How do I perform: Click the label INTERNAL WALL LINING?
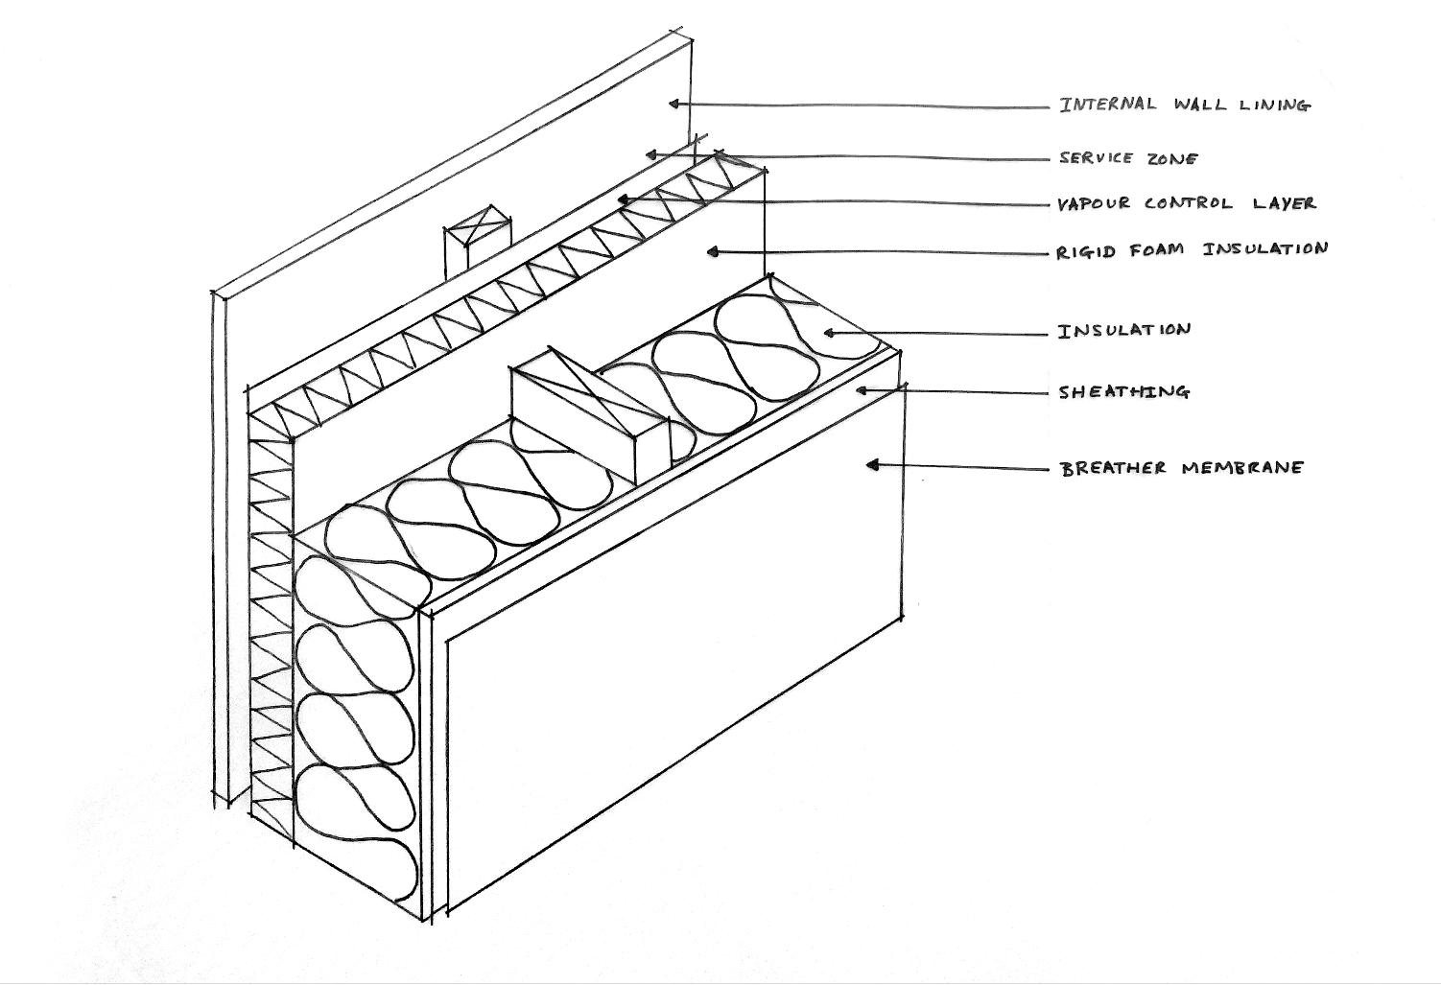coord(1184,105)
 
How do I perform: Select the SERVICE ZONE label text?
coord(1128,158)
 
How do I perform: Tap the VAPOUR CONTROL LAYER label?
coord(1186,203)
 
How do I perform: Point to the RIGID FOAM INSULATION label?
coord(1193,250)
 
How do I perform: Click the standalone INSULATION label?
coord(1123,331)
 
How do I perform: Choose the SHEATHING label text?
coord(1123,391)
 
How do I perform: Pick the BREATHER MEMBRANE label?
coord(1182,468)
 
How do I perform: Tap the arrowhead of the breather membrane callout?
coord(872,464)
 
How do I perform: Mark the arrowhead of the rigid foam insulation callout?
coord(712,251)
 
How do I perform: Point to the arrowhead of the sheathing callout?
coord(862,389)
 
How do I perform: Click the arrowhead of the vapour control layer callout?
coord(623,199)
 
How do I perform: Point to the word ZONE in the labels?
coord(1171,158)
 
